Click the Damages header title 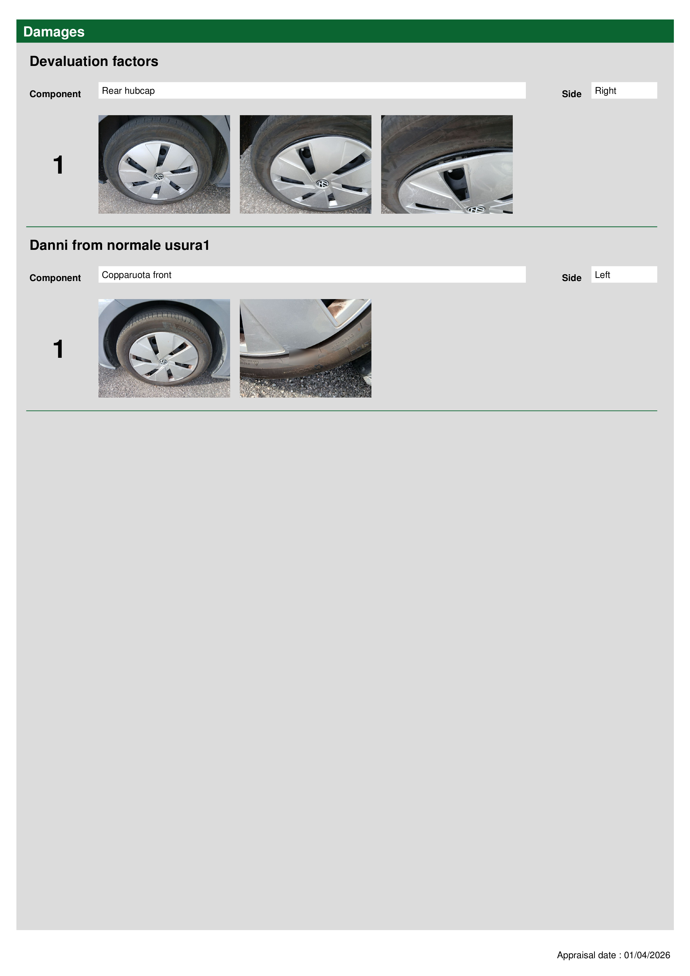tap(54, 32)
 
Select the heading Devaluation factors tap(94, 61)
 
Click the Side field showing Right tap(624, 90)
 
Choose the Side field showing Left tap(624, 275)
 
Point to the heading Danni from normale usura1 tap(119, 245)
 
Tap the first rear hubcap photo tap(164, 164)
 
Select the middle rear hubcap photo tap(305, 164)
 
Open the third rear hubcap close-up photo tap(447, 164)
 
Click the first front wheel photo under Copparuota tap(164, 348)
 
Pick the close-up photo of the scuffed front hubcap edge tap(305, 348)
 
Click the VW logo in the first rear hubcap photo tap(159, 176)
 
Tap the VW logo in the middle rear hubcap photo tap(322, 184)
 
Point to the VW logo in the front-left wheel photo tap(163, 362)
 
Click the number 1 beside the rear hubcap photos tap(58, 165)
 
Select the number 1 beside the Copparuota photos tap(58, 349)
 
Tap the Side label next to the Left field tap(571, 278)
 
